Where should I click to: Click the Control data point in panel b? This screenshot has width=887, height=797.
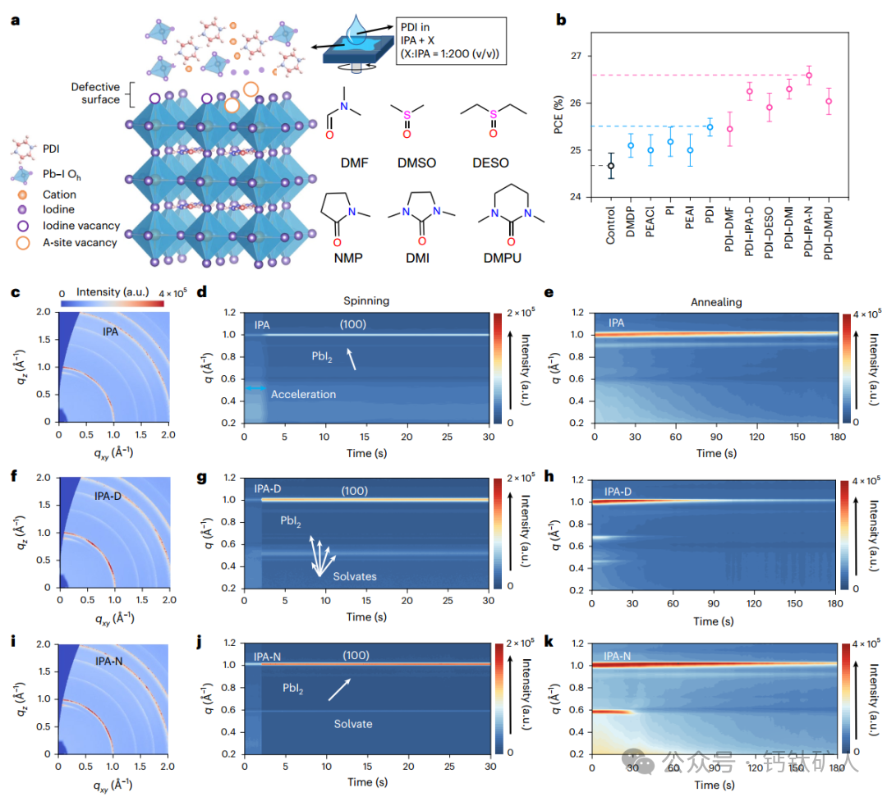coord(610,166)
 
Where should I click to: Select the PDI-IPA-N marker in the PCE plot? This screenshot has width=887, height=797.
coord(808,76)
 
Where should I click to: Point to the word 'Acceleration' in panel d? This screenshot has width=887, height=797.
coord(303,394)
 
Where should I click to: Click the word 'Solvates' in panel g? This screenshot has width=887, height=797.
coord(354,576)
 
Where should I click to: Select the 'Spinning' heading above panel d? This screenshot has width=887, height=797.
coord(367,302)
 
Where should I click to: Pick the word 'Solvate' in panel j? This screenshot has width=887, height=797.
coord(353,723)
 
